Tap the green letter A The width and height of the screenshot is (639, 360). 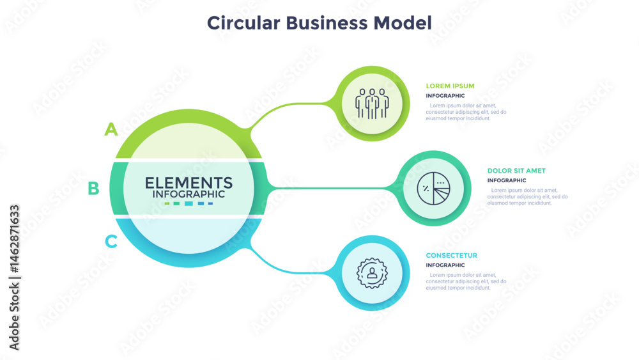point(112,130)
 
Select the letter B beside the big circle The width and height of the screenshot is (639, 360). point(93,188)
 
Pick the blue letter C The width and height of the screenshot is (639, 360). point(111,242)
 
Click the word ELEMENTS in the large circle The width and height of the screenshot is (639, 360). point(189,183)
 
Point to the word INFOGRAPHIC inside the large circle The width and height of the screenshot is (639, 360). point(189,194)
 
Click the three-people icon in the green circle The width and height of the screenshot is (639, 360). point(373,103)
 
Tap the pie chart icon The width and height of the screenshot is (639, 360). point(434,188)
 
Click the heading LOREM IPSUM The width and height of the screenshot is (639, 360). point(450,86)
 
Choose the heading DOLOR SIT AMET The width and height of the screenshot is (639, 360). point(516,171)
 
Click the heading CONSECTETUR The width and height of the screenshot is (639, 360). point(452,256)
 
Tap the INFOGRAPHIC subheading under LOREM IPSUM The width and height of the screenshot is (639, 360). point(445,96)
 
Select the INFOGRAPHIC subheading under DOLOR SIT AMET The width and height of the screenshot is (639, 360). point(507,180)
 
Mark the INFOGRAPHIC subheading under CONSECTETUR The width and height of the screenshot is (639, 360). point(445,265)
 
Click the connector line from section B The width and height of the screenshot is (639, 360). point(332,188)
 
